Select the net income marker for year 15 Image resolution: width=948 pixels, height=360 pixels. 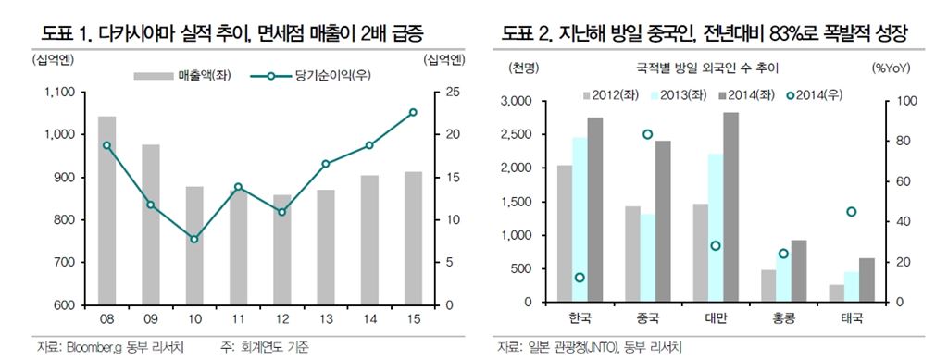tap(413, 112)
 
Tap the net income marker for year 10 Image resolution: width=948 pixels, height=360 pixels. tap(194, 239)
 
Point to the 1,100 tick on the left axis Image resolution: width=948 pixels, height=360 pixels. tap(61, 93)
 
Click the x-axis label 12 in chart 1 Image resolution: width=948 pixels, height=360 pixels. tap(281, 317)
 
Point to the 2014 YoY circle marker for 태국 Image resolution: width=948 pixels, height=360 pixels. tap(851, 212)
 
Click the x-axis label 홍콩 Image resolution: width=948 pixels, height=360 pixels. tap(782, 318)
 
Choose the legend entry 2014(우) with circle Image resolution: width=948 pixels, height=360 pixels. tap(818, 93)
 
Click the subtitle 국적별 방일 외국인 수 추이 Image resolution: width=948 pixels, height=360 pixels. tap(706, 68)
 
